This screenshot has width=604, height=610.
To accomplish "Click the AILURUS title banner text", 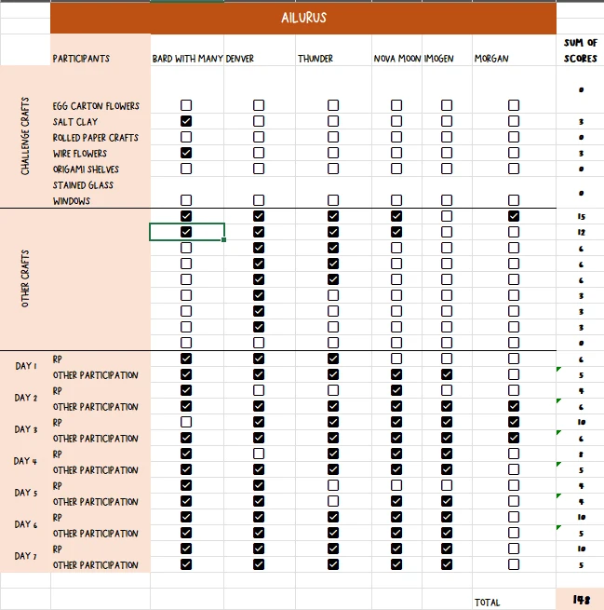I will (303, 18).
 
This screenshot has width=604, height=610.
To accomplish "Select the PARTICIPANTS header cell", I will (81, 59).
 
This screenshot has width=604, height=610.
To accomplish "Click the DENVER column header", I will (240, 59).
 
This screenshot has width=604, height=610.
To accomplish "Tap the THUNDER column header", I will (315, 59).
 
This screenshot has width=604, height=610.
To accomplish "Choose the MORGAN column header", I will (491, 59).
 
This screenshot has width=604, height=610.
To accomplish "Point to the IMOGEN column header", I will (439, 59).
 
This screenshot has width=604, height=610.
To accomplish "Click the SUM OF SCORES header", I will (580, 50).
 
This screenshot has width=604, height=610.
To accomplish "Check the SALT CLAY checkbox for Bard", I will (186, 121).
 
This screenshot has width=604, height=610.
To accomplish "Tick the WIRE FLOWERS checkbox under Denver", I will (259, 153).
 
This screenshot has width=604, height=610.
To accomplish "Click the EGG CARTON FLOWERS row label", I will (96, 106).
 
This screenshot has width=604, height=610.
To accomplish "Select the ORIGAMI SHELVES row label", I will (86, 169).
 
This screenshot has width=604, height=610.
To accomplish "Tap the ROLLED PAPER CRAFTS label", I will (96, 137).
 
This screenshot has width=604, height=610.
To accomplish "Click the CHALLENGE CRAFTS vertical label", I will (25, 136).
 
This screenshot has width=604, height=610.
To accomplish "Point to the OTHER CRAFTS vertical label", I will (25, 278).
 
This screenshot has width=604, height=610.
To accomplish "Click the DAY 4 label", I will (26, 461).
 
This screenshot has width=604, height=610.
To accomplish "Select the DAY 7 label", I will (26, 556).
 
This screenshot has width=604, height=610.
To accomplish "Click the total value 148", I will (580, 601).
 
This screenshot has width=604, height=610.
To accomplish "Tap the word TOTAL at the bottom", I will (488, 603).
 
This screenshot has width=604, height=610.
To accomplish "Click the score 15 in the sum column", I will (580, 216).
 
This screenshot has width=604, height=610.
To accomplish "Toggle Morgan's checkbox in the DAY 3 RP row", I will (514, 422).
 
